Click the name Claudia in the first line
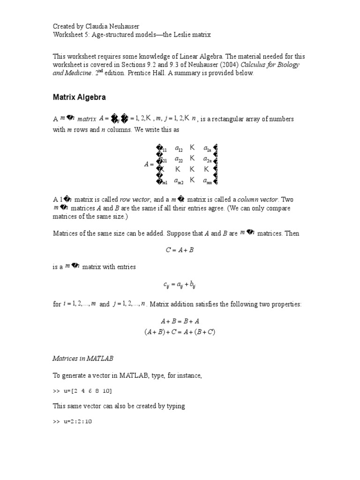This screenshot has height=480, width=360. [x=97, y=26]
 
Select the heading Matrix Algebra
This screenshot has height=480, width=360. [x=78, y=98]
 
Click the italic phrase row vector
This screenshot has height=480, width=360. [x=123, y=200]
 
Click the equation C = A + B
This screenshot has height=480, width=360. [x=180, y=250]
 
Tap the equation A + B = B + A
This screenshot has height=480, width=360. [x=180, y=322]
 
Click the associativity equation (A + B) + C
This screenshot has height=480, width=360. [x=180, y=331]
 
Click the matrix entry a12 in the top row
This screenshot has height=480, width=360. [x=179, y=149]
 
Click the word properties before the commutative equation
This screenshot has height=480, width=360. [x=287, y=305]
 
